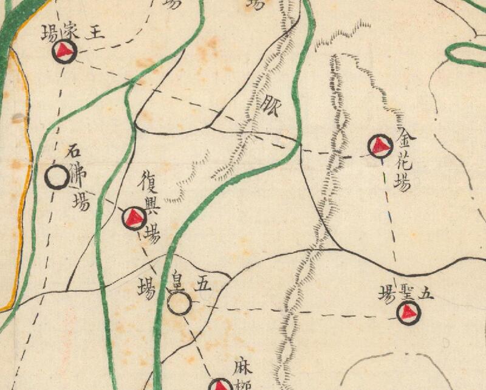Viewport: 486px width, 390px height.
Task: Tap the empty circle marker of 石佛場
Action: (57, 177)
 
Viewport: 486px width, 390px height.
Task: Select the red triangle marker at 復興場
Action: (134, 217)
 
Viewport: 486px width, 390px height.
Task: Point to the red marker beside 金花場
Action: (380, 146)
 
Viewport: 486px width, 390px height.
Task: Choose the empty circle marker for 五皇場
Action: (179, 304)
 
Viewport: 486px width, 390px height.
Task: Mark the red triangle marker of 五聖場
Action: (408, 312)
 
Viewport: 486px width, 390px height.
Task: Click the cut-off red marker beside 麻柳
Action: (220, 385)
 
